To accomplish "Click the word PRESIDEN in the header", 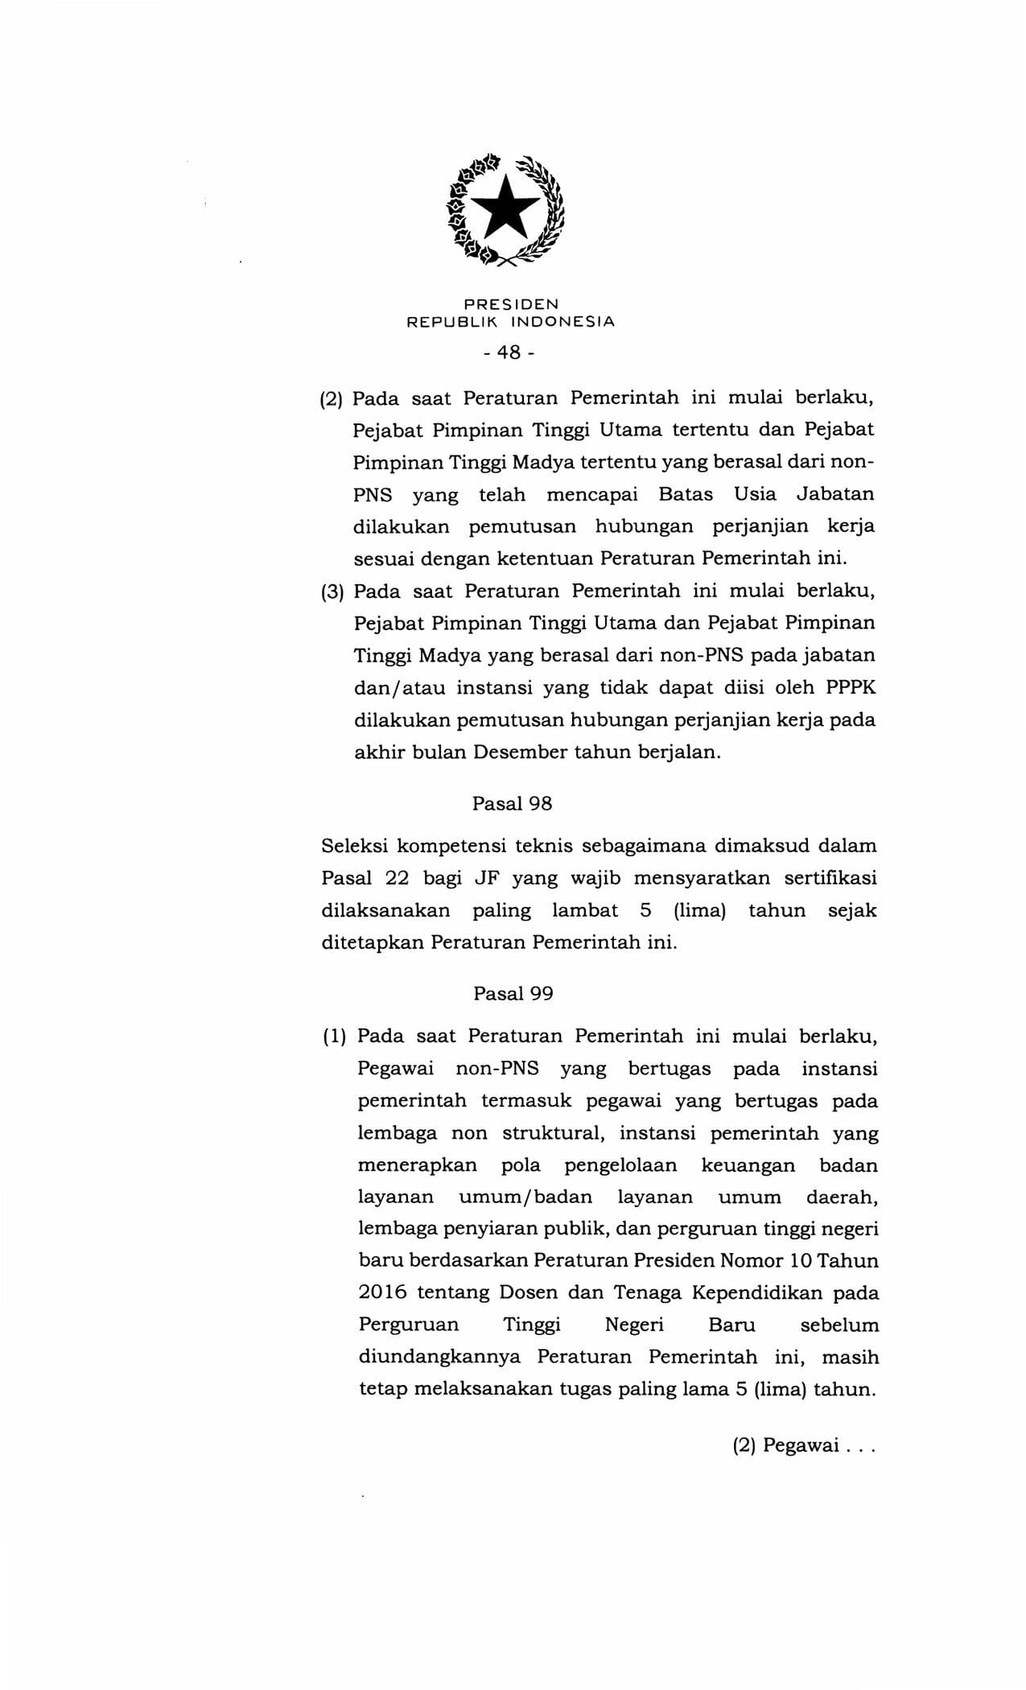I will (x=511, y=304).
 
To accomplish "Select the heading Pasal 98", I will (x=512, y=803).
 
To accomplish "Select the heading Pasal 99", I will (x=513, y=993).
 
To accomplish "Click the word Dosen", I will (x=528, y=1292).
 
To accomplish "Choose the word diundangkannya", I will (x=439, y=1357).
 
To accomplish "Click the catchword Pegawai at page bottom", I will (x=801, y=1445).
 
